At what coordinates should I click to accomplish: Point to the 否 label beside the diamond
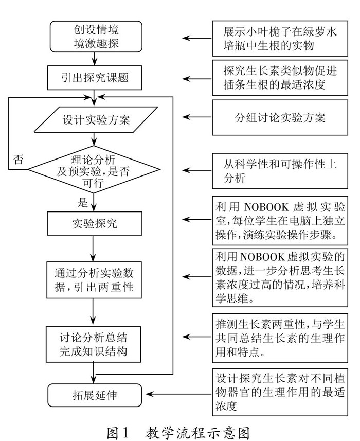[x=19, y=158]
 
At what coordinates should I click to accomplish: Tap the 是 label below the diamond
[x=83, y=202]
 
